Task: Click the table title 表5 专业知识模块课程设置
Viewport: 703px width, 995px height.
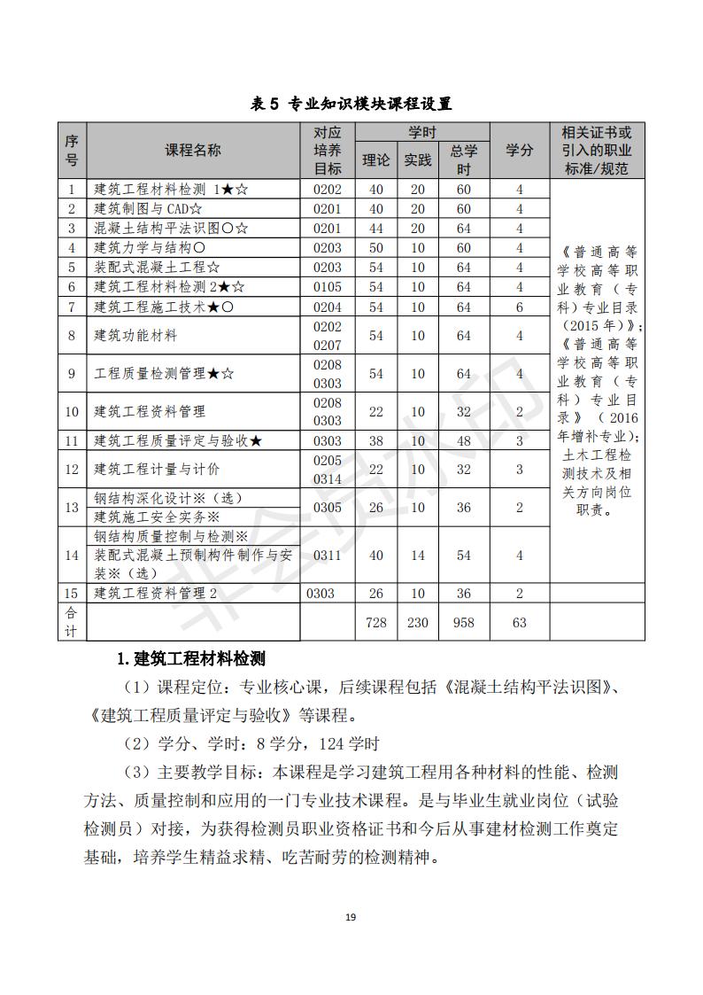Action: point(351,104)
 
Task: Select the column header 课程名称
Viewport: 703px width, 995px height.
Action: point(193,151)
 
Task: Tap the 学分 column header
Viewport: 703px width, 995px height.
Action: point(519,151)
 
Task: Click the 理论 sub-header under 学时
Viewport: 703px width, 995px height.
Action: point(376,160)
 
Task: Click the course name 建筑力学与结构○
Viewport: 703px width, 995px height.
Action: point(151,248)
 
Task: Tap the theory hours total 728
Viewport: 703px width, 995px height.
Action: point(376,623)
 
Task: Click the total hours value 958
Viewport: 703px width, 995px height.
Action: point(463,623)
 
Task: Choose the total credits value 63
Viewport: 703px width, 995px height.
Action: point(519,623)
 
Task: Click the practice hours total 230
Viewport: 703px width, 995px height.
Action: point(417,623)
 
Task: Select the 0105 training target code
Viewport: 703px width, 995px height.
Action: point(327,287)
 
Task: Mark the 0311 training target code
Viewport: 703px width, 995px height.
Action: point(327,555)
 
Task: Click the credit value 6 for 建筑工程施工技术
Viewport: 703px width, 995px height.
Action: point(519,307)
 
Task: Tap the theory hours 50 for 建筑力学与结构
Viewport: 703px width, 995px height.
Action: point(376,248)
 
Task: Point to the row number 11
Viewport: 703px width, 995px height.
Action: point(72,440)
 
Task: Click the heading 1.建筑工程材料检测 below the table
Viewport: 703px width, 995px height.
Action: point(192,659)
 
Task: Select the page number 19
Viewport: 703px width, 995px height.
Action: point(351,917)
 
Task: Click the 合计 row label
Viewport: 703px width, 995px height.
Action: point(72,622)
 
